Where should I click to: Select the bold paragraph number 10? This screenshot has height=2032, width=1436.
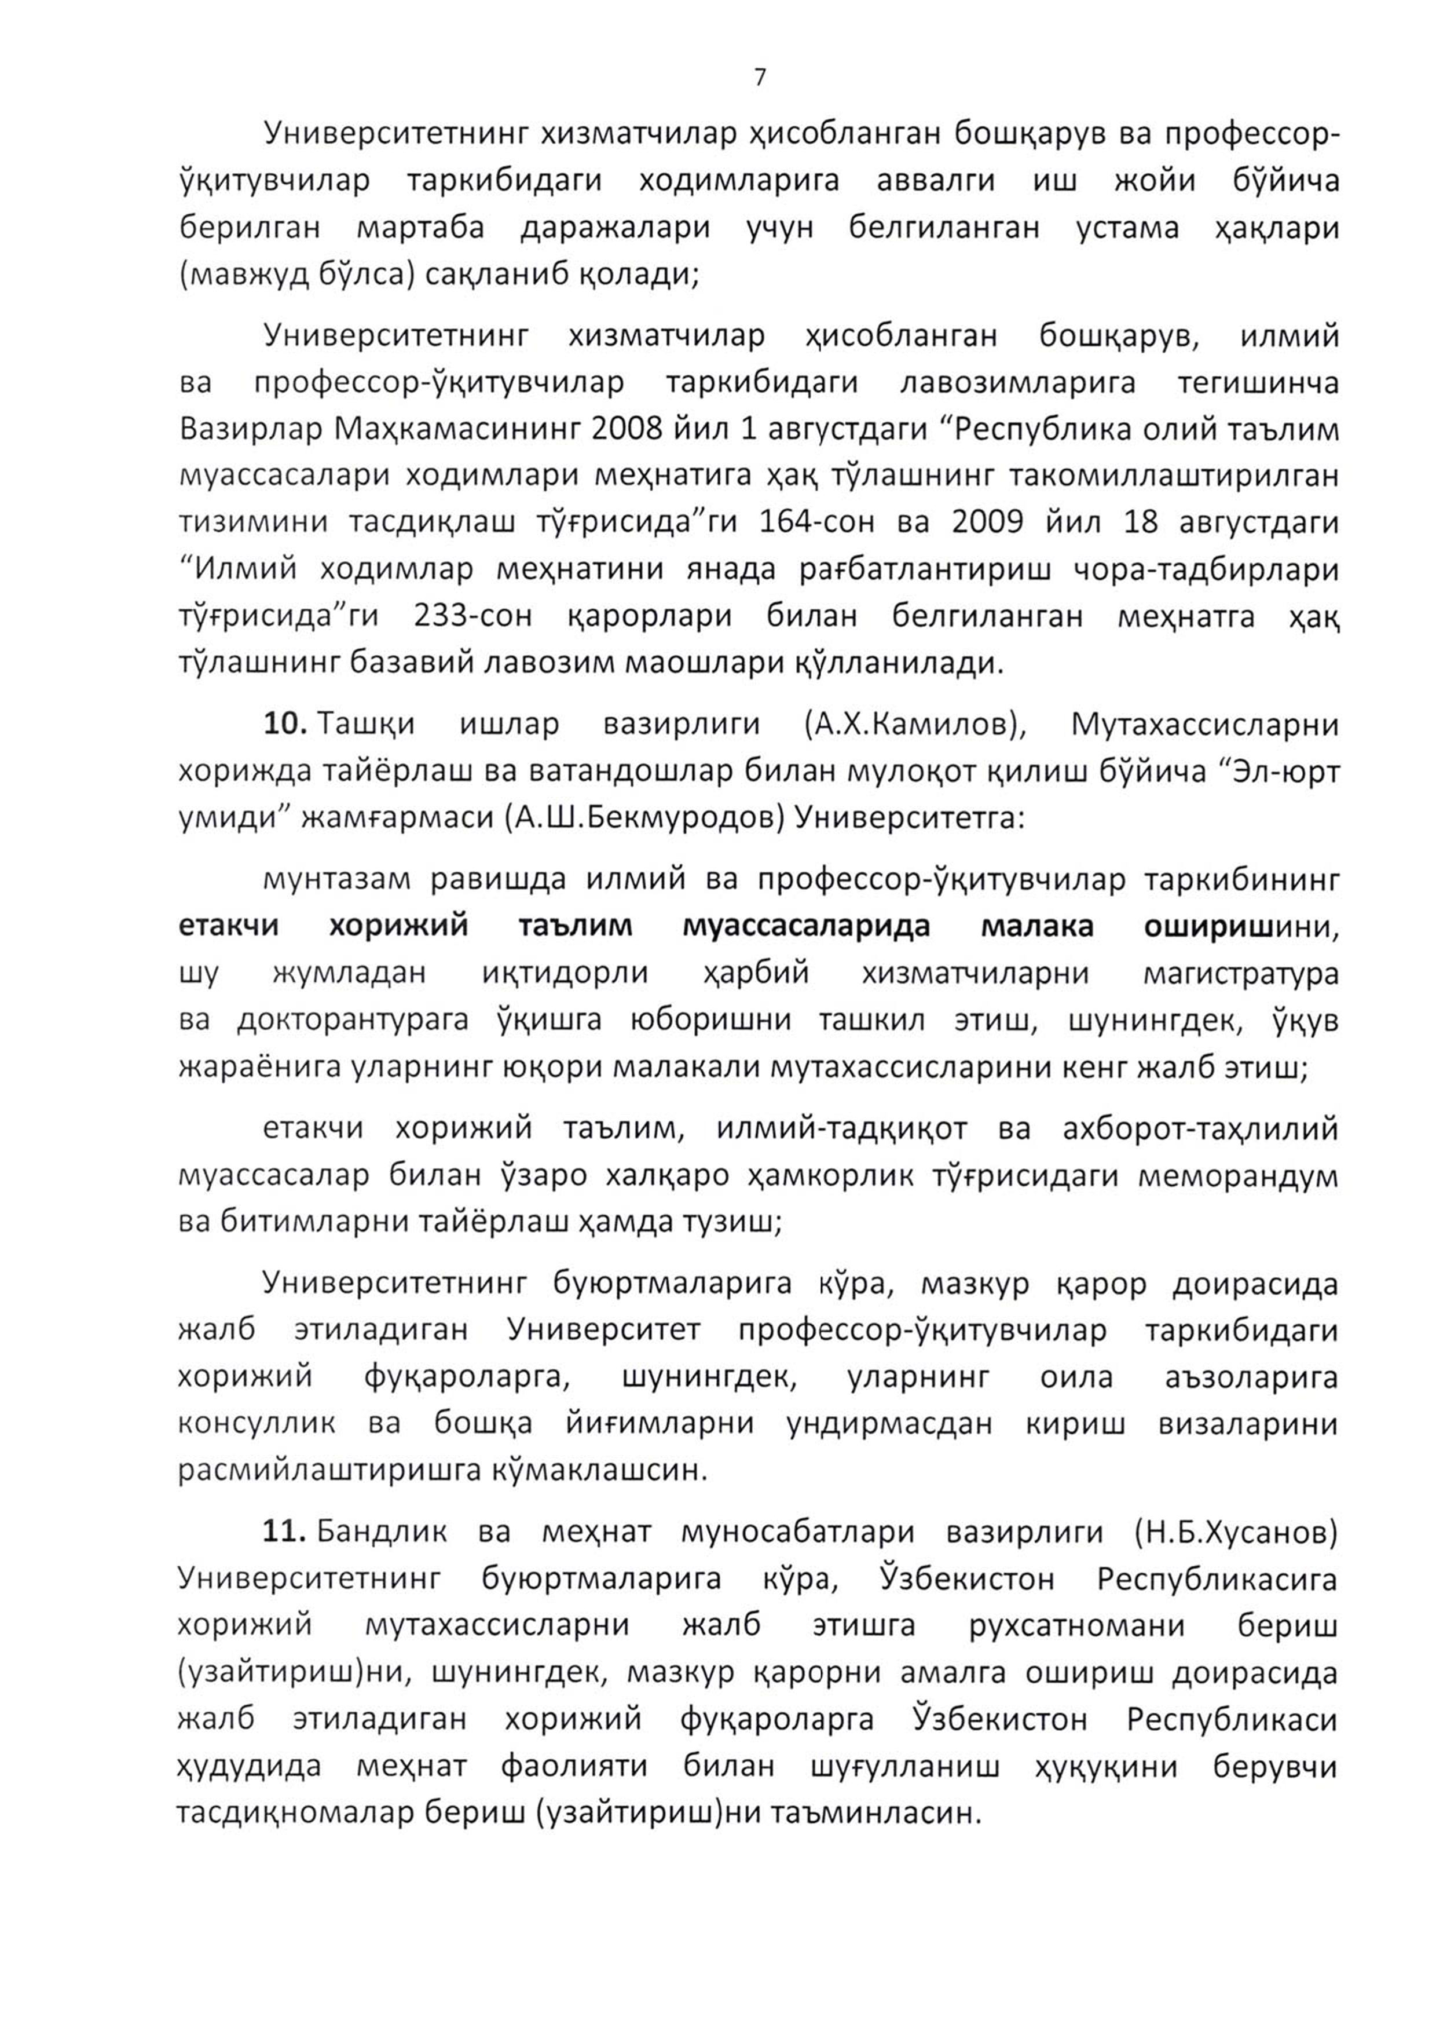click(284, 724)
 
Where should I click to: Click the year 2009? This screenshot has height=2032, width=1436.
click(987, 522)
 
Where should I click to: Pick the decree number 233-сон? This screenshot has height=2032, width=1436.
click(473, 615)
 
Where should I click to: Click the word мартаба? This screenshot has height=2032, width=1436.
click(420, 228)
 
